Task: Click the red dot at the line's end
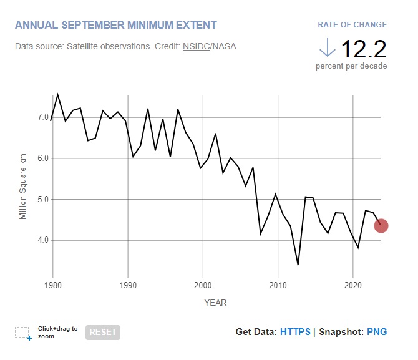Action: [x=381, y=226]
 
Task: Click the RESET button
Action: [x=102, y=333]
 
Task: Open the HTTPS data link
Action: [x=295, y=332]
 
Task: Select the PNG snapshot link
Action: [x=377, y=332]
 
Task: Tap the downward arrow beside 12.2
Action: [x=326, y=47]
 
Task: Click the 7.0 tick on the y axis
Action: [x=42, y=117]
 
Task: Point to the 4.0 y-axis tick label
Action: [x=42, y=240]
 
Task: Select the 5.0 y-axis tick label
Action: [x=42, y=200]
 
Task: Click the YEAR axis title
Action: [x=215, y=303]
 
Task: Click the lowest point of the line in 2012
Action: [x=298, y=265]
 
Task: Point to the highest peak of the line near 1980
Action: [x=58, y=95]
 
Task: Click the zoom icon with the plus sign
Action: [x=24, y=333]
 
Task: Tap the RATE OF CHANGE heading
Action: [x=352, y=25]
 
